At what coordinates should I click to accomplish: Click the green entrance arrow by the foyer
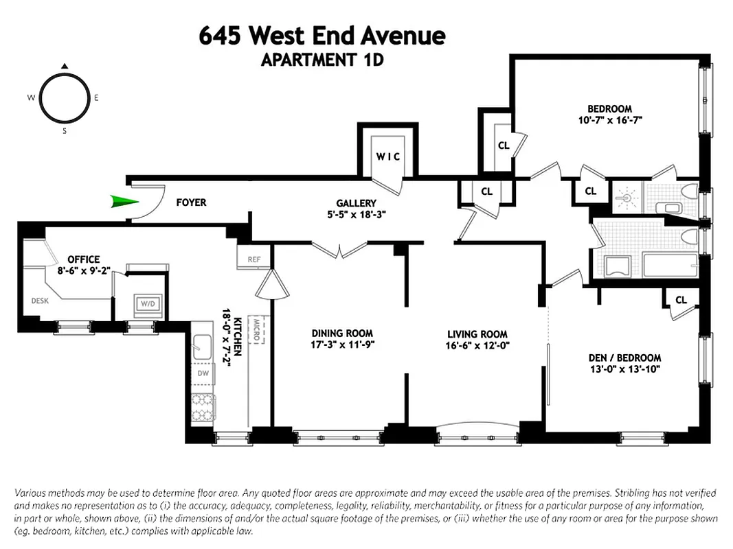[x=124, y=202]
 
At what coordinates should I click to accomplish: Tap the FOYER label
[x=191, y=203]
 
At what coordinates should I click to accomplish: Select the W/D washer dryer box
[x=147, y=303]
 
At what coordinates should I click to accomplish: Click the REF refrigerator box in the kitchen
[x=254, y=259]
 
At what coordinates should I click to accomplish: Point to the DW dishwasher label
[x=203, y=374]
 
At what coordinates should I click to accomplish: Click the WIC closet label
[x=387, y=156]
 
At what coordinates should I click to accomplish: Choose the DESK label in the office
[x=40, y=300]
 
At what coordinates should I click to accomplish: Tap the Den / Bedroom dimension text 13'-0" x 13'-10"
[x=624, y=370]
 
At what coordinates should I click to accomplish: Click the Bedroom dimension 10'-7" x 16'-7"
[x=609, y=120]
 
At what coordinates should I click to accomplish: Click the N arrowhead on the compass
[x=64, y=67]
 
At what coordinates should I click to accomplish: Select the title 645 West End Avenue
[x=322, y=36]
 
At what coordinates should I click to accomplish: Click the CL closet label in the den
[x=681, y=300]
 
